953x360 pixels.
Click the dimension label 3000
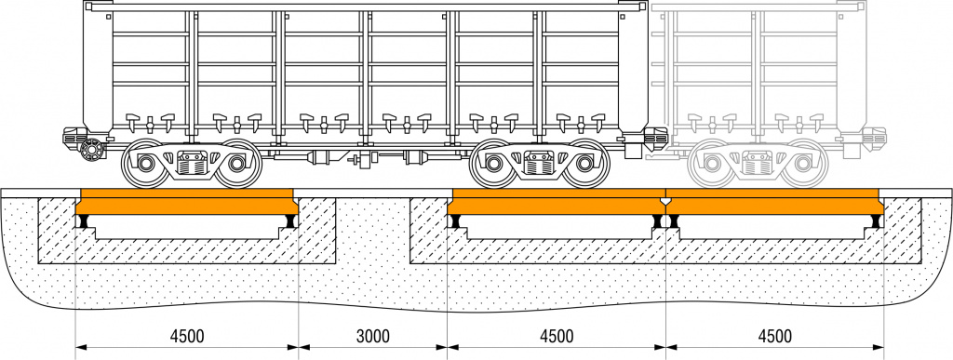372,337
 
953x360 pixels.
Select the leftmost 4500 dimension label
186,337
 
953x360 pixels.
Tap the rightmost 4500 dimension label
775,337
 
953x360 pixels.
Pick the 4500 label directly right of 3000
557,337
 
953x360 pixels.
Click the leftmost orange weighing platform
186,202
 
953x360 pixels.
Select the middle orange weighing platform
557,202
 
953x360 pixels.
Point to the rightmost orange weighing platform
775,202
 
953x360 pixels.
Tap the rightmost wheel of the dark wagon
585,164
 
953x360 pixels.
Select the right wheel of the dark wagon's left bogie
237,164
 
